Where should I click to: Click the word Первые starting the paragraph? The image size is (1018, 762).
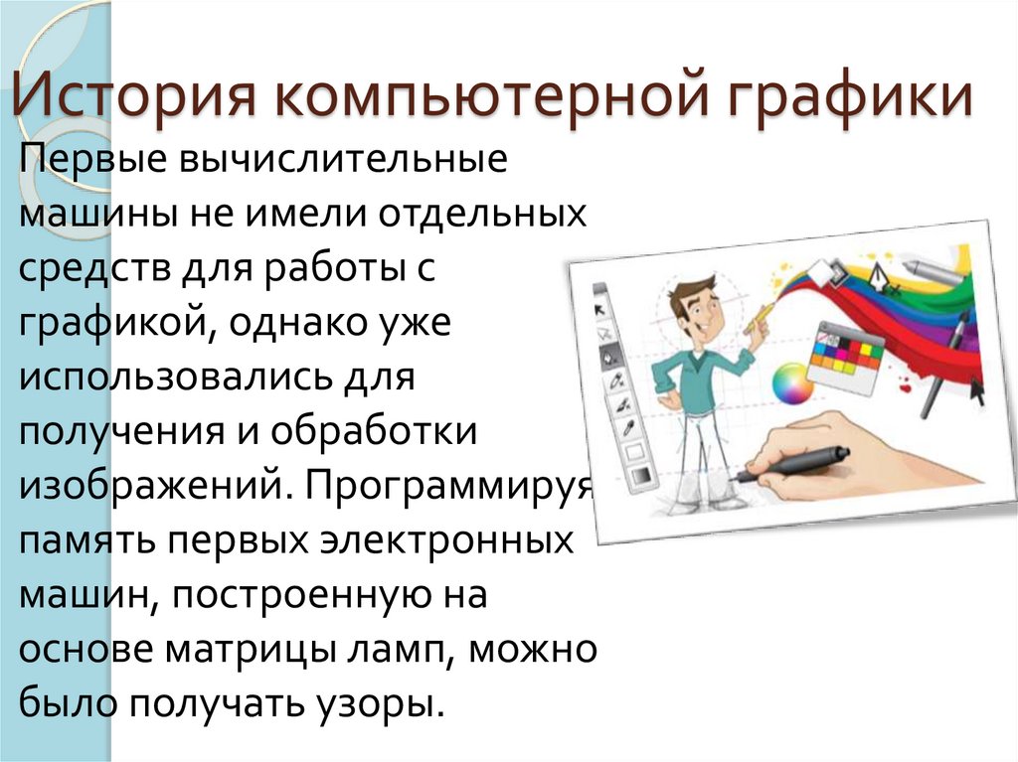click(88, 160)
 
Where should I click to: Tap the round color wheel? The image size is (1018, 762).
click(792, 382)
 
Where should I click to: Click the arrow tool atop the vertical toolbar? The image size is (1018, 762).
click(601, 308)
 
